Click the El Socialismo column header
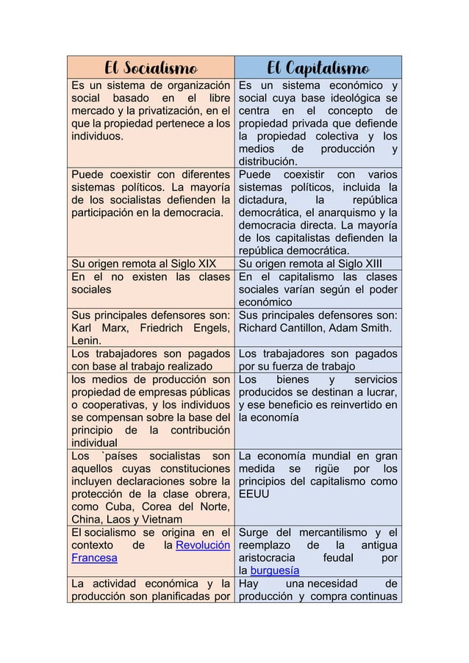[x=151, y=68]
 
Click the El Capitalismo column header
[x=318, y=68]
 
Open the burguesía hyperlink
[x=274, y=570]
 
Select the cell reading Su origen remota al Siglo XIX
[x=143, y=265]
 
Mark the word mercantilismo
[x=335, y=532]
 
